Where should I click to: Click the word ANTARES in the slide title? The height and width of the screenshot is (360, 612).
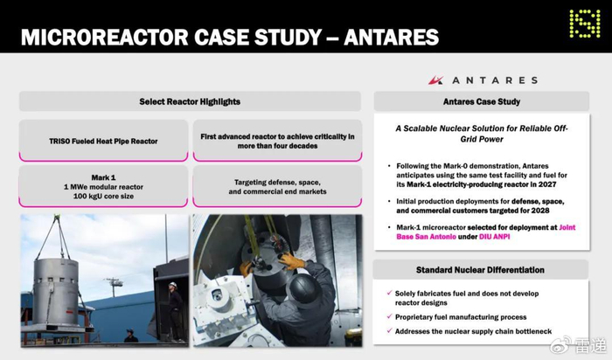point(391,37)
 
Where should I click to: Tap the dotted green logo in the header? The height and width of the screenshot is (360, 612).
point(584,24)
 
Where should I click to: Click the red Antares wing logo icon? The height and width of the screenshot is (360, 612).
point(435,80)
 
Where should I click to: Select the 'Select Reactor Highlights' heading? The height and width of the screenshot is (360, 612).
point(190,101)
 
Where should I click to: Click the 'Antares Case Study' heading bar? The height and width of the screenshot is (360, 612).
point(481,101)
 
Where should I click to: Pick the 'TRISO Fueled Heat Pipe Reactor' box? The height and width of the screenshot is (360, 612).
point(103,141)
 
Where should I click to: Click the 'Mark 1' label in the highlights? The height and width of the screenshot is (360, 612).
point(103,177)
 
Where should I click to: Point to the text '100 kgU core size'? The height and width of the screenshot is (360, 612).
point(103,197)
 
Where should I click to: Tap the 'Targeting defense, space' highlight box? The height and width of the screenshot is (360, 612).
point(277,186)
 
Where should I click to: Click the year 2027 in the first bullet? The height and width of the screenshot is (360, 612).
point(546,184)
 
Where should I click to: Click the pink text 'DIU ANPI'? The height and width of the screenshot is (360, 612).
point(495,237)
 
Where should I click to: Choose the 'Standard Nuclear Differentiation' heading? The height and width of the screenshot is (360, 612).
point(480,270)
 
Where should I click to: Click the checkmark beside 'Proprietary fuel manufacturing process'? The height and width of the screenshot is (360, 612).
point(389,316)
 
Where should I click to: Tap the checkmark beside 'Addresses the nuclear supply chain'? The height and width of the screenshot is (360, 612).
point(389,331)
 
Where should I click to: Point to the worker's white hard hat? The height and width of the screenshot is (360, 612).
point(173,285)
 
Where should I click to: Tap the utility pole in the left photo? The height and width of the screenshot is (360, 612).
point(113,287)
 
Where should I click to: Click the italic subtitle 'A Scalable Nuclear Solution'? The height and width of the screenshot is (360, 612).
point(482,134)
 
